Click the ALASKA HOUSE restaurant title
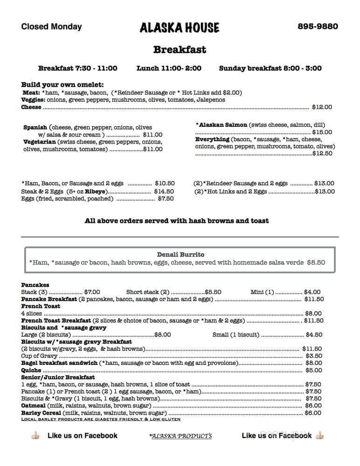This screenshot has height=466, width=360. [179, 27]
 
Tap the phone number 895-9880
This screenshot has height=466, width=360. [318, 27]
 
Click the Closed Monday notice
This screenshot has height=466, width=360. [51, 27]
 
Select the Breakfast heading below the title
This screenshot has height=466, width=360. [180, 49]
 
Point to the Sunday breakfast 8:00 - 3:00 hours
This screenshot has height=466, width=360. [270, 68]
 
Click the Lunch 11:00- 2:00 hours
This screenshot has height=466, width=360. [169, 68]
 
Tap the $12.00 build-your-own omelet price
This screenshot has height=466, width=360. [322, 107]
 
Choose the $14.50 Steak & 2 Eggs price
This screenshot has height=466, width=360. [164, 191]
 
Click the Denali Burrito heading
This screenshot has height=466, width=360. [180, 254]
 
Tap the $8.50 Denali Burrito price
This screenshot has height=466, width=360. [316, 262]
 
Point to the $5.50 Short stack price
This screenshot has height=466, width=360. [213, 292]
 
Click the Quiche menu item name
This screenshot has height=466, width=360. [31, 370]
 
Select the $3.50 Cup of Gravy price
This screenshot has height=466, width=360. [313, 356]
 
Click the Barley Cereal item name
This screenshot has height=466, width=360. [41, 412]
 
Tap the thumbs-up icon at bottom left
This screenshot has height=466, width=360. [35, 436]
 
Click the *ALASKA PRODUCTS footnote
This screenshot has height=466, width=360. [180, 436]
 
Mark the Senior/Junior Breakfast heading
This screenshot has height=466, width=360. [58, 377]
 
